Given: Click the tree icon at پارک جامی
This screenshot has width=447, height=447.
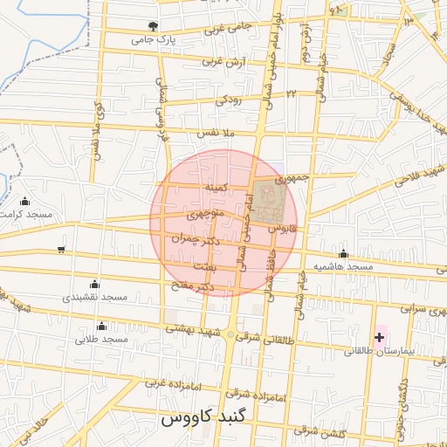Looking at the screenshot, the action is pyautogui.click(x=154, y=26).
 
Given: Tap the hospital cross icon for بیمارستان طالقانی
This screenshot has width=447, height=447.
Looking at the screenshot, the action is pyautogui.click(x=379, y=337).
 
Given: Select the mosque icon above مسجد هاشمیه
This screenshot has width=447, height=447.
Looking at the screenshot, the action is pyautogui.click(x=344, y=254).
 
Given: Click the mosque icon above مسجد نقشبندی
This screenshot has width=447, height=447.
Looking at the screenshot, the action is pyautogui.click(x=94, y=285).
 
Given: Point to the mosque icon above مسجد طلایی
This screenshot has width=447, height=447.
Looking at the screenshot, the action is pyautogui.click(x=101, y=327).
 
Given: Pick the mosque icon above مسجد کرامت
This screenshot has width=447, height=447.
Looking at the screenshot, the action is pyautogui.click(x=24, y=202).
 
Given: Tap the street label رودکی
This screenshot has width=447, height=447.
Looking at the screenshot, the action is pyautogui.click(x=229, y=100).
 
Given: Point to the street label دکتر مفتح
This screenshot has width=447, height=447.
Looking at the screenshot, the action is pyautogui.click(x=193, y=285).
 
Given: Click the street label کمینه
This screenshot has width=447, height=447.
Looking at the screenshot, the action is pyautogui.click(x=216, y=187).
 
